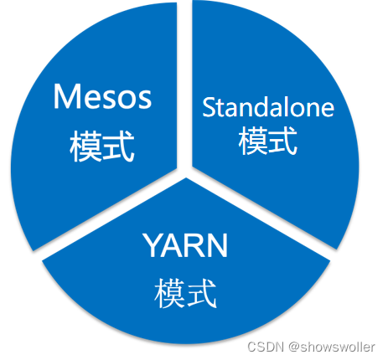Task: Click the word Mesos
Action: click(x=102, y=96)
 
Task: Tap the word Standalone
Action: click(x=268, y=107)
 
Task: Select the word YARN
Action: click(x=185, y=245)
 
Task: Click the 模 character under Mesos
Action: click(x=85, y=146)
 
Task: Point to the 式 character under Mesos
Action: click(x=119, y=146)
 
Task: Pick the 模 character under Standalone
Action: click(x=253, y=140)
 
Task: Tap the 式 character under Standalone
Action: click(x=282, y=140)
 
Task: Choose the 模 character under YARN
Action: click(x=170, y=293)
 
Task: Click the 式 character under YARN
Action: click(x=202, y=293)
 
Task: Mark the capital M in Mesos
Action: click(x=65, y=96)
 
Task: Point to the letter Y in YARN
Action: click(x=153, y=245)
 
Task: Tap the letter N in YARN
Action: click(x=218, y=245)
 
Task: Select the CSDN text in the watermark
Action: click(x=266, y=347)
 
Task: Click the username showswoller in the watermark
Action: click(x=338, y=347)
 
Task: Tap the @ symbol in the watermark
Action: click(x=294, y=347)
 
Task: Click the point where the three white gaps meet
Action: click(x=184, y=172)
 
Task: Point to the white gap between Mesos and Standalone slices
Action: click(x=184, y=84)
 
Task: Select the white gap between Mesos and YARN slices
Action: click(x=109, y=214)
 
